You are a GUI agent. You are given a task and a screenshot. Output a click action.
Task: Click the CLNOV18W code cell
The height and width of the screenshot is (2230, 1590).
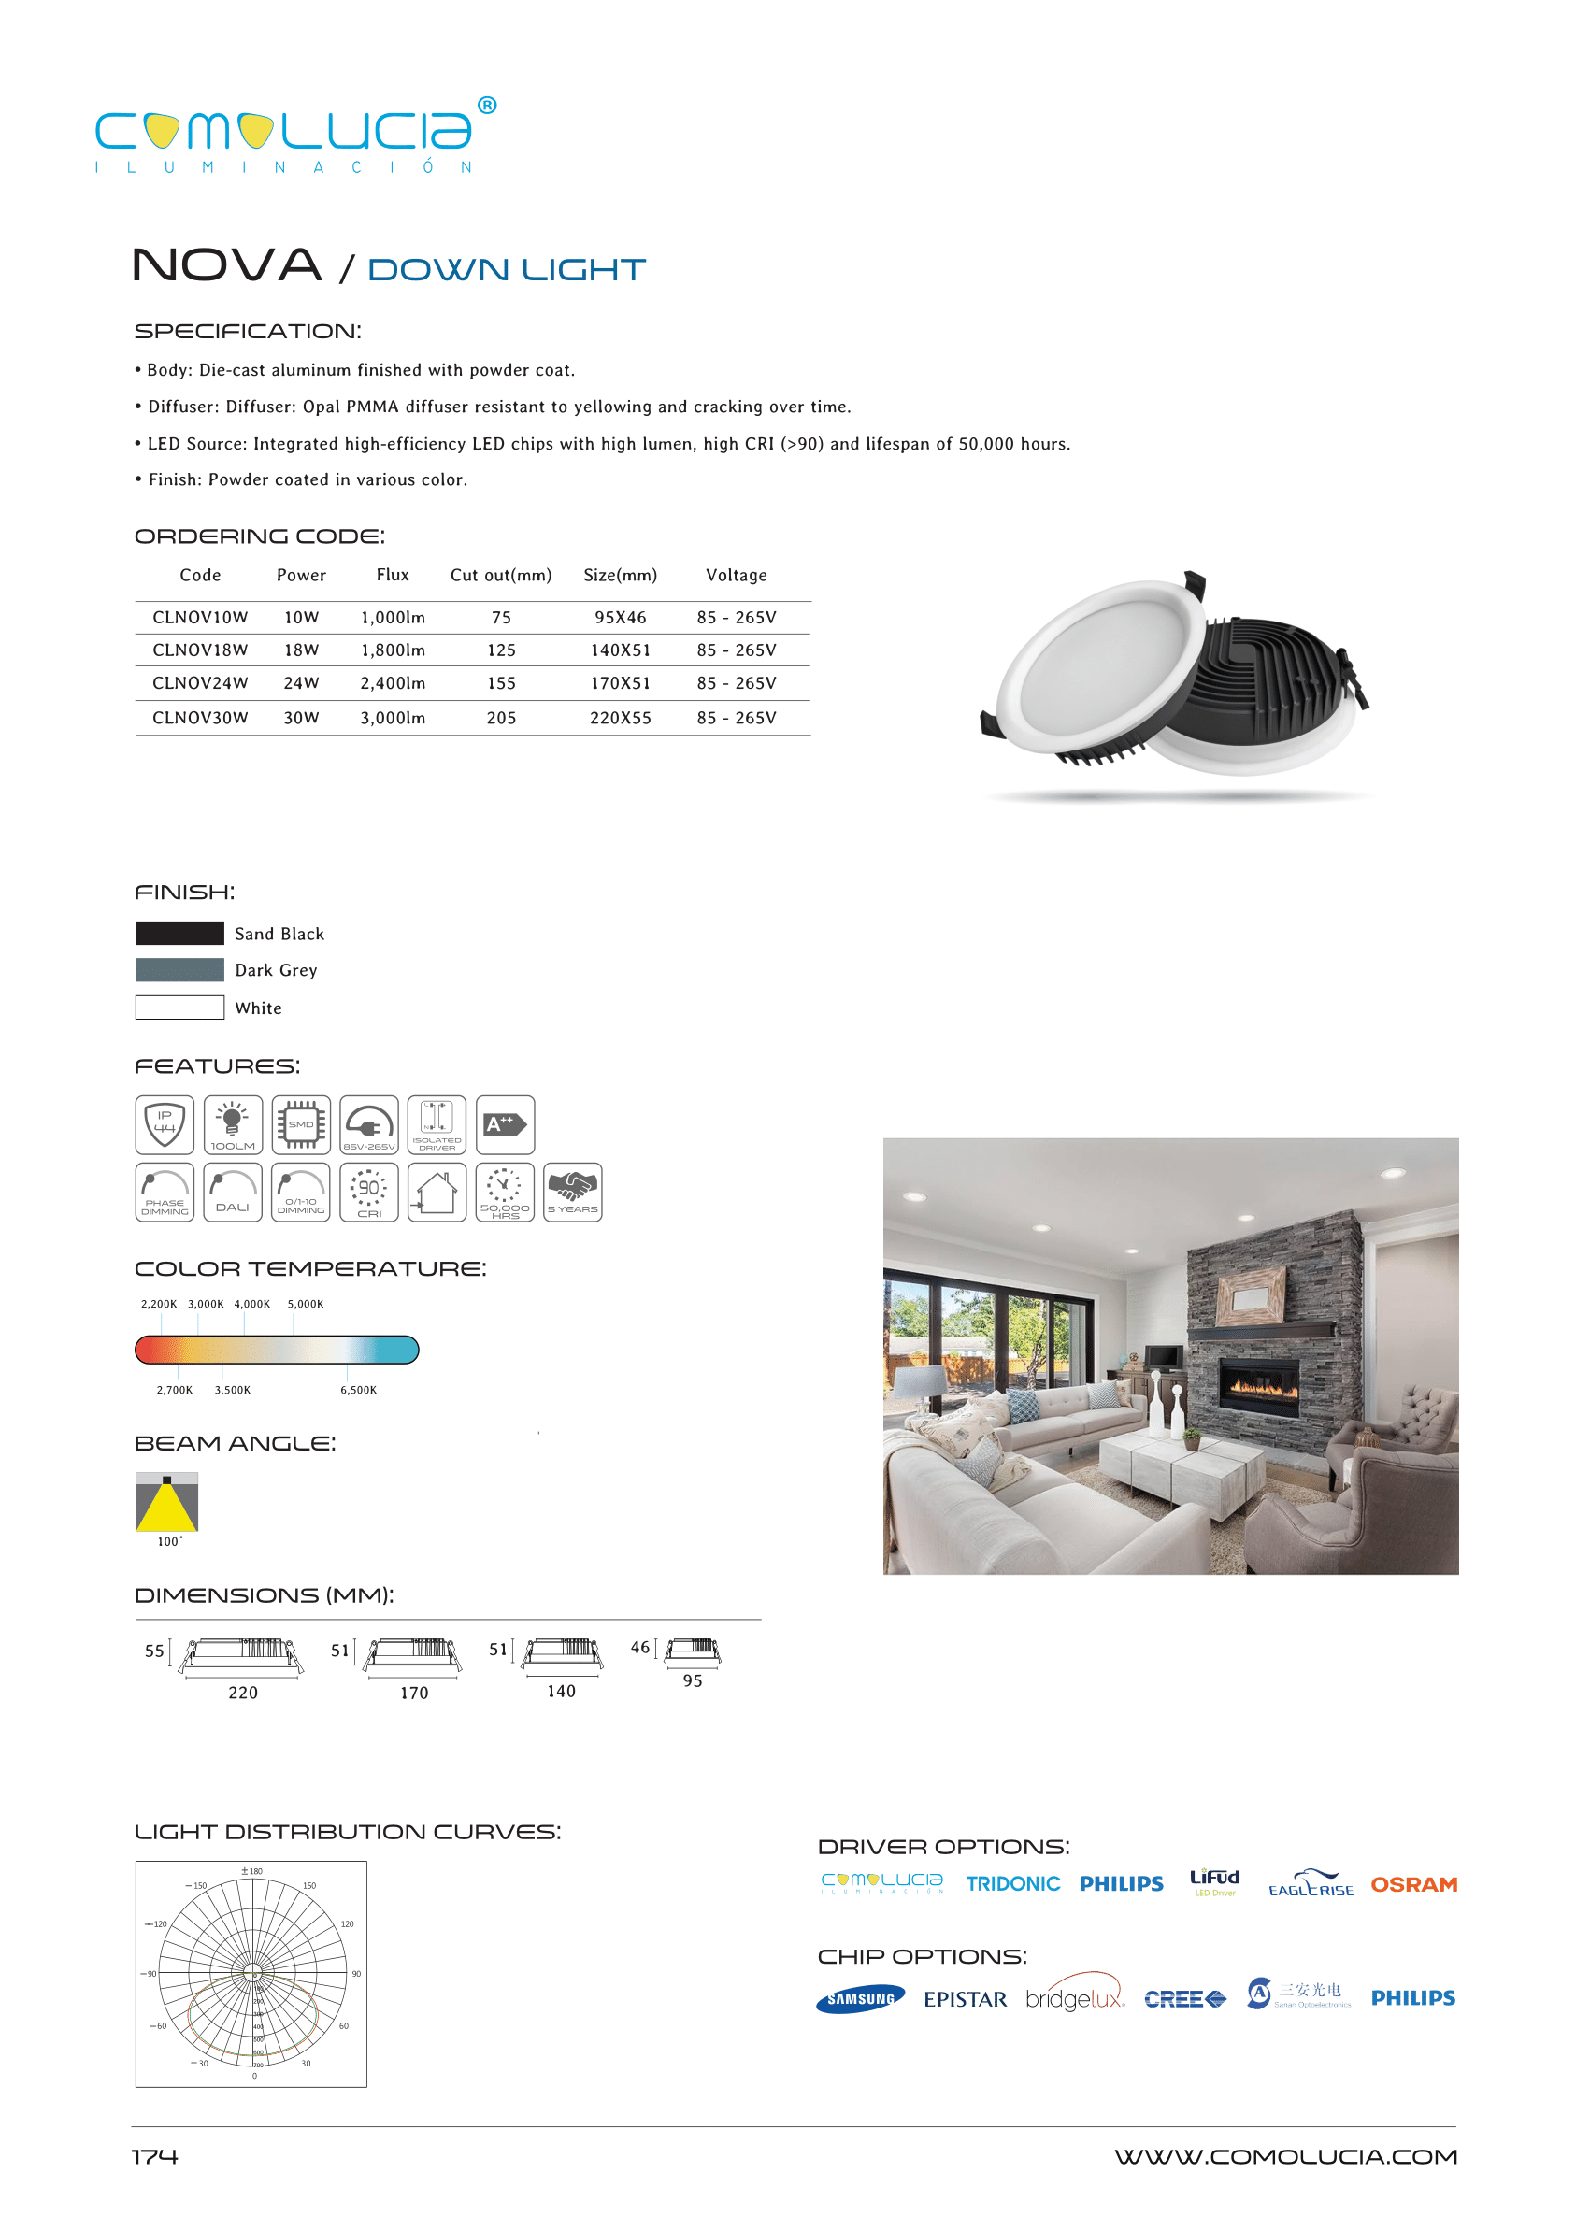point(200,650)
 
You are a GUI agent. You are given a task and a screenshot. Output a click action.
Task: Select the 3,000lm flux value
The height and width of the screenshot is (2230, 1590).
point(393,718)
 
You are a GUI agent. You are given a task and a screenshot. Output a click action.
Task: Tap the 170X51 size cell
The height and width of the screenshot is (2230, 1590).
point(620,683)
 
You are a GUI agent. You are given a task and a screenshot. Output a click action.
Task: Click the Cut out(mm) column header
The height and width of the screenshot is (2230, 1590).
point(500,575)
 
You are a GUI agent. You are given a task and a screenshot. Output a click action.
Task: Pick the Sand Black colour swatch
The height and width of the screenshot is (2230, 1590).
point(179,933)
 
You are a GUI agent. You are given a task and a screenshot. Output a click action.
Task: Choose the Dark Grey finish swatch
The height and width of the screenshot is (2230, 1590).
point(179,970)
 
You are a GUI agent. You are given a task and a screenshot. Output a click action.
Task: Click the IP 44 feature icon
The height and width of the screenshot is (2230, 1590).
point(165,1124)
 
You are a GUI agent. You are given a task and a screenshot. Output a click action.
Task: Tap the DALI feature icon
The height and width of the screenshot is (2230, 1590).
point(233,1193)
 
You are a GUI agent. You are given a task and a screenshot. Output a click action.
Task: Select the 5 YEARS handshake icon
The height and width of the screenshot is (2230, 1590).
point(573,1193)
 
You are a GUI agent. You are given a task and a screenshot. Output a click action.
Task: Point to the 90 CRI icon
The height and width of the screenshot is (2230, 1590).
point(369,1193)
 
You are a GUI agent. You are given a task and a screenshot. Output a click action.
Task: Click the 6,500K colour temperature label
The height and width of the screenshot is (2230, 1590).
point(358,1390)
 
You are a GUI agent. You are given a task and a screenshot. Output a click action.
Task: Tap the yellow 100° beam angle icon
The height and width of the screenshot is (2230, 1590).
point(166,1503)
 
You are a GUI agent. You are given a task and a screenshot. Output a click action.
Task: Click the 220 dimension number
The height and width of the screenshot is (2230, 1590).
point(243,1693)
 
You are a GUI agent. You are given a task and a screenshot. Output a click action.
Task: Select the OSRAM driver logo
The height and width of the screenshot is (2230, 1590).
point(1412,1884)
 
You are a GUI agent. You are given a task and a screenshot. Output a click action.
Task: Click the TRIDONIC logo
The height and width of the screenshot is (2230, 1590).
point(1012,1883)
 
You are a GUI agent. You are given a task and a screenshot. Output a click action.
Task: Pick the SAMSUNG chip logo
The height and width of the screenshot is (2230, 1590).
point(861,1999)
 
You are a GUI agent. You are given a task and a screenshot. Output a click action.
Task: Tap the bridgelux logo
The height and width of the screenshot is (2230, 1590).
point(1075,1998)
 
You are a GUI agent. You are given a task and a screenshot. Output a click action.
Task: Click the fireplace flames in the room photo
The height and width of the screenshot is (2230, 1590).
point(1262,1385)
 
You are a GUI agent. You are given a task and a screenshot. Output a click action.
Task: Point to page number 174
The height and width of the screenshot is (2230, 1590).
point(154,2156)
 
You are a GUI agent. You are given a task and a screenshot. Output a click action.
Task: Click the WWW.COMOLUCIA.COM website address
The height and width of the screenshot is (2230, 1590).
point(1285,2156)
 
